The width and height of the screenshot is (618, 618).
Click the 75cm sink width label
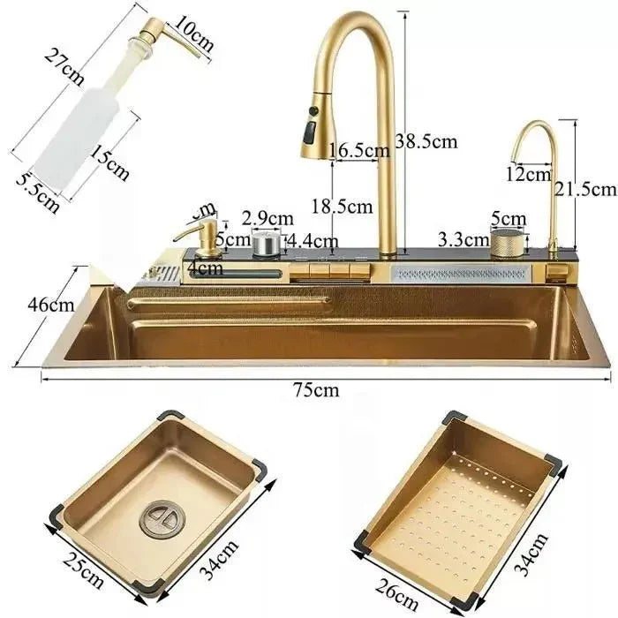[x=315, y=391]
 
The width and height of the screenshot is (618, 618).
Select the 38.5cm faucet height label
[x=426, y=141]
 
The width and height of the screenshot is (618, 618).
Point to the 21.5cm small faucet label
[x=584, y=189]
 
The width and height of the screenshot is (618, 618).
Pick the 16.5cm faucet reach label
[x=359, y=151]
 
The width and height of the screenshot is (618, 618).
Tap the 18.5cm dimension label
[x=342, y=207]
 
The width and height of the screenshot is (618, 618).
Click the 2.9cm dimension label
[x=268, y=217]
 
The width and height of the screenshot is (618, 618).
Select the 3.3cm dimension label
[x=463, y=239]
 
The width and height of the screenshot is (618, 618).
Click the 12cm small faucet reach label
[x=529, y=174]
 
